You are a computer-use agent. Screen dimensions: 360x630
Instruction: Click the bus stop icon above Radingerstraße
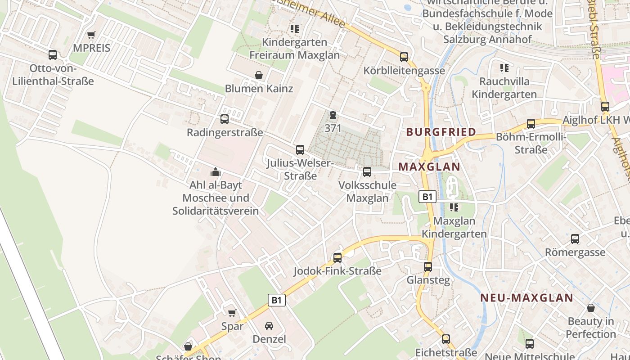coord(225,119)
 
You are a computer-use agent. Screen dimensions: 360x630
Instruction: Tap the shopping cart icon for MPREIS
coord(91,35)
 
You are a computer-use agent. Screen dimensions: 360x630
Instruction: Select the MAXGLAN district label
coord(429,167)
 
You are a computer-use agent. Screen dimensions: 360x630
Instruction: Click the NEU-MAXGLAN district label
coord(526,297)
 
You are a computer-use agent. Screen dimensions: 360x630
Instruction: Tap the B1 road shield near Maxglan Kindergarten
coord(427,197)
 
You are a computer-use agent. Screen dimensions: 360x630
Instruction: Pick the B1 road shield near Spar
coord(277,300)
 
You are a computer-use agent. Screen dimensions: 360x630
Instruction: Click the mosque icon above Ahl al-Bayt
coord(216,172)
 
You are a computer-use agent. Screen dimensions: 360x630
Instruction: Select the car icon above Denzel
coord(269,326)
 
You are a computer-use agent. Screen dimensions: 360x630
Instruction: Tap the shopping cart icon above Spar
coord(232,313)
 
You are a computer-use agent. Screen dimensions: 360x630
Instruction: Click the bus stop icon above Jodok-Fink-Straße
coord(337,258)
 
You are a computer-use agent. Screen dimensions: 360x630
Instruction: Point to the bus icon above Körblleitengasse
coord(404,57)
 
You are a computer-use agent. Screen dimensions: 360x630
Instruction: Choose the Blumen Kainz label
coord(259,89)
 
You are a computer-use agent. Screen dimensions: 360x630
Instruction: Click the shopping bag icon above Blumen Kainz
coord(259,75)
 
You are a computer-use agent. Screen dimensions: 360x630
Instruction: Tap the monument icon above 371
coord(333,115)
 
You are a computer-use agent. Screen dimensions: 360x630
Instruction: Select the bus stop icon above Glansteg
coord(428,267)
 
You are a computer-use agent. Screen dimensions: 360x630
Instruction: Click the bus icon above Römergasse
coord(575,239)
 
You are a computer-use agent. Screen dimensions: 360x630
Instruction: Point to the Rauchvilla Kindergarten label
coord(504,88)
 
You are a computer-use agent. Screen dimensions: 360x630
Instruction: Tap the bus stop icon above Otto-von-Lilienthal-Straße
coord(53,55)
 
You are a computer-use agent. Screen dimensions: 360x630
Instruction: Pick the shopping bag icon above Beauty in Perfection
coord(591,308)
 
